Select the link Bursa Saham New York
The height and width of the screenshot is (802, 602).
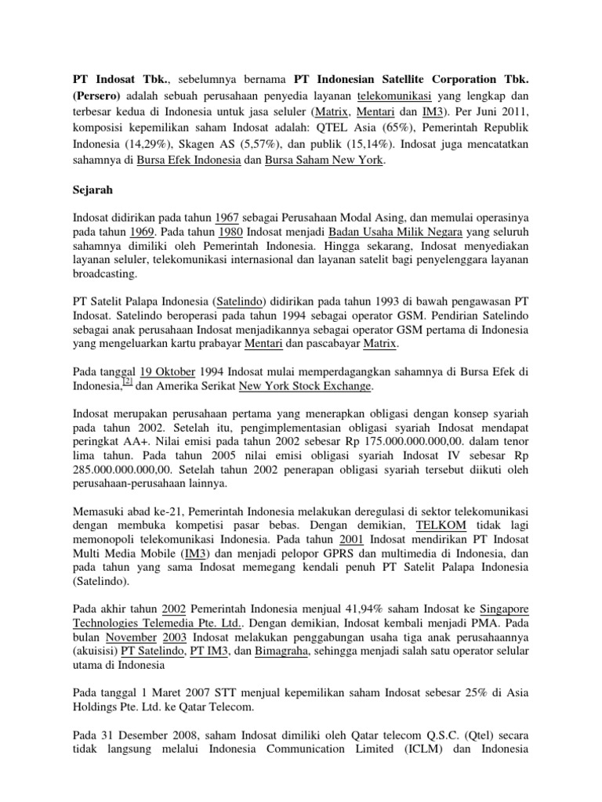[x=323, y=161]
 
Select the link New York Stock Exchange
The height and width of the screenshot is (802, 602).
[x=304, y=386]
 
